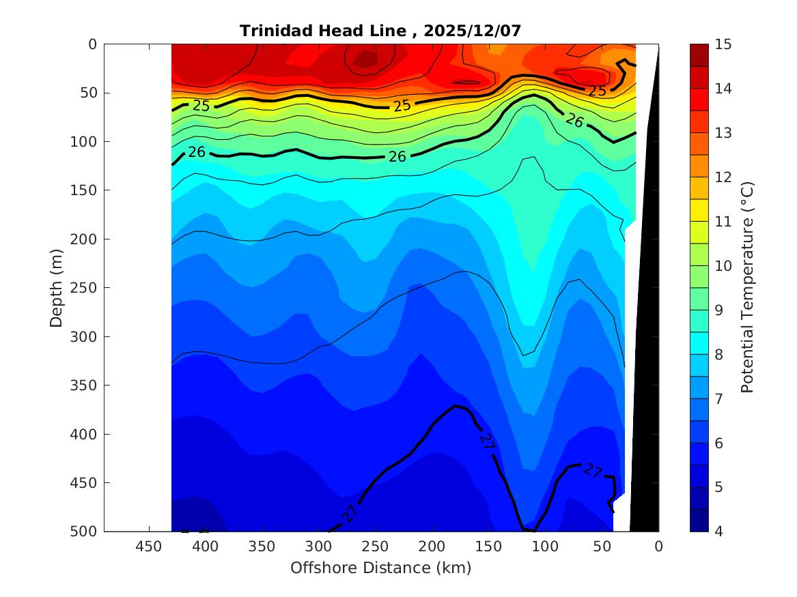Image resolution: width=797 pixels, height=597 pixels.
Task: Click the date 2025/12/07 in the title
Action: point(473,31)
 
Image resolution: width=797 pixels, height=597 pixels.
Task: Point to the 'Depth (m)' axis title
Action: point(57,287)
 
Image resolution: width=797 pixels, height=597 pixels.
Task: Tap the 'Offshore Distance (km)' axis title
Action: point(380,568)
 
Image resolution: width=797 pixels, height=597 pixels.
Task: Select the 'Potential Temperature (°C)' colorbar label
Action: point(747,287)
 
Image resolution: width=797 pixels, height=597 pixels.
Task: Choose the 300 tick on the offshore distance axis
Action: point(318,547)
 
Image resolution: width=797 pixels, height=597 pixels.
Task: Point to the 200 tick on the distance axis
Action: point(432,547)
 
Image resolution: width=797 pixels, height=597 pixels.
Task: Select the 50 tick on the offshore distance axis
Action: point(602,547)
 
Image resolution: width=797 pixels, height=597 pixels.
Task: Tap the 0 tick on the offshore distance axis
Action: point(658,547)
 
